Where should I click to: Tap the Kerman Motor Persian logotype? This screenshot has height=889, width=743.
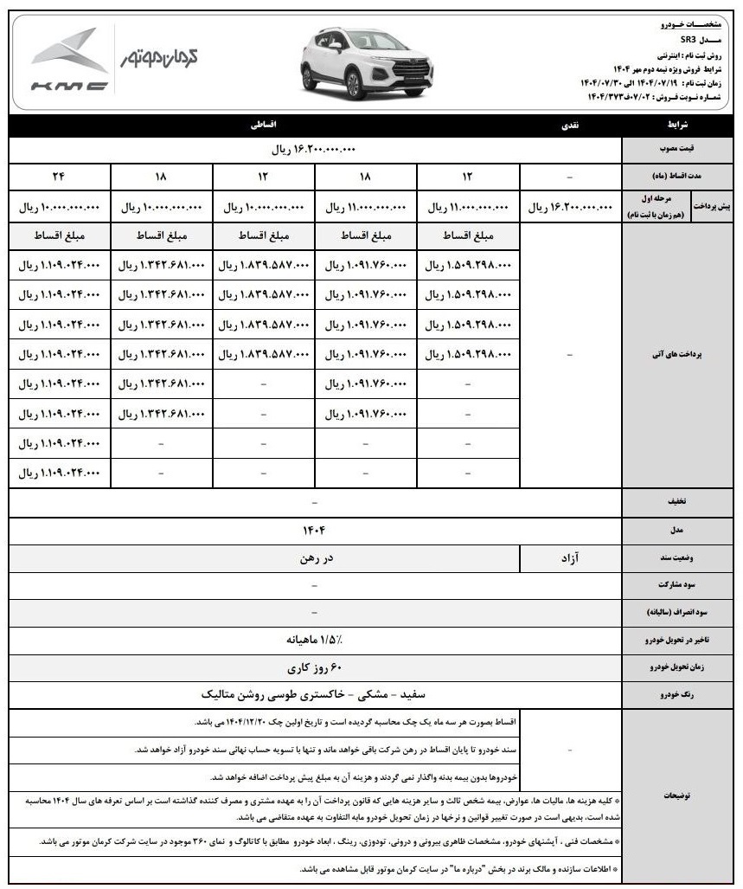click(x=161, y=58)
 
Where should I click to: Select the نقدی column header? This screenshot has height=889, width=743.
click(x=572, y=126)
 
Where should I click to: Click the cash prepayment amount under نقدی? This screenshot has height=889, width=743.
click(x=572, y=208)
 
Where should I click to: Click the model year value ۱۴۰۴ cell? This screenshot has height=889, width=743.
click(x=314, y=528)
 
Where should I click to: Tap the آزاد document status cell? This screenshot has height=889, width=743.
click(x=572, y=558)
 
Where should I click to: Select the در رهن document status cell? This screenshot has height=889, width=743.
click(x=314, y=558)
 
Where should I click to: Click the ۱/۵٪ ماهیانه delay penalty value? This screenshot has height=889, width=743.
click(x=314, y=641)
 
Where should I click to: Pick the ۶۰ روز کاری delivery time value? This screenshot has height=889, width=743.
click(x=314, y=668)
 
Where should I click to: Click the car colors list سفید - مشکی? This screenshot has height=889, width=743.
click(x=314, y=694)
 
